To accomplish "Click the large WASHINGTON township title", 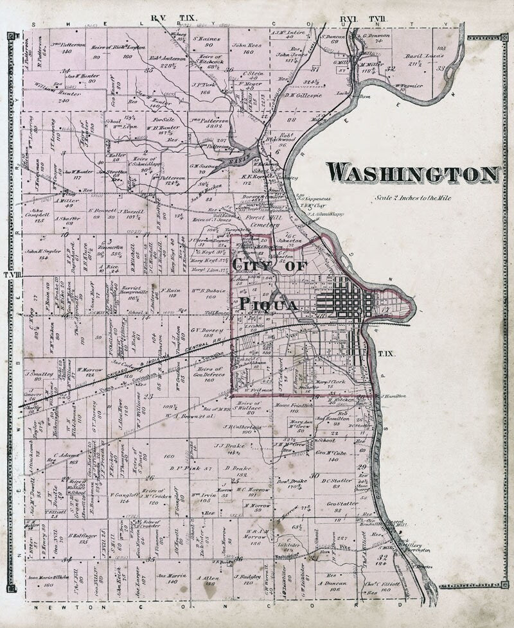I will click(x=412, y=174).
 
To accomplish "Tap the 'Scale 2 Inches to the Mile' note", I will click(x=414, y=198).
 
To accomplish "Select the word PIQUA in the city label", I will click(x=268, y=304).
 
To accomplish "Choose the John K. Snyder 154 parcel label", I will click(x=42, y=254).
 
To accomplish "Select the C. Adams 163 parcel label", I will click(x=70, y=458).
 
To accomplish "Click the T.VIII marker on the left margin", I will click(x=12, y=275).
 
